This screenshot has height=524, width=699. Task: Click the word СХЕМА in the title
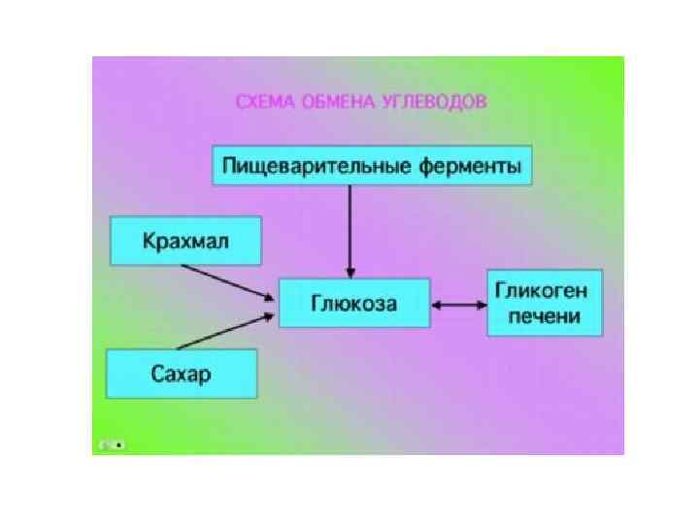(x=263, y=101)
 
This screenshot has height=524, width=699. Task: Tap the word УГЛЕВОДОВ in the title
(x=431, y=101)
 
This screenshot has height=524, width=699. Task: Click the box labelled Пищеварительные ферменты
(x=372, y=165)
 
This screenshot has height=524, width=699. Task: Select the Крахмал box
(x=185, y=241)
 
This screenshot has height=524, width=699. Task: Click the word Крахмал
(x=185, y=241)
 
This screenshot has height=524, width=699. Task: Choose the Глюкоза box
(x=353, y=304)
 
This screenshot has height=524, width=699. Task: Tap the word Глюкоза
(x=353, y=304)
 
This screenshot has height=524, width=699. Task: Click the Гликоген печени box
(x=545, y=303)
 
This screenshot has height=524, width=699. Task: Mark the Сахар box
(x=182, y=374)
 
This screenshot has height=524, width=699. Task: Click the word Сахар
(x=182, y=374)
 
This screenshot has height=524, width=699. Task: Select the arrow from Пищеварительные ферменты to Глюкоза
(x=350, y=228)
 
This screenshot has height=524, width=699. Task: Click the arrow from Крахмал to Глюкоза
(x=225, y=280)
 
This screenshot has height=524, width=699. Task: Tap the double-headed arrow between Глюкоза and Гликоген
(x=457, y=305)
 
